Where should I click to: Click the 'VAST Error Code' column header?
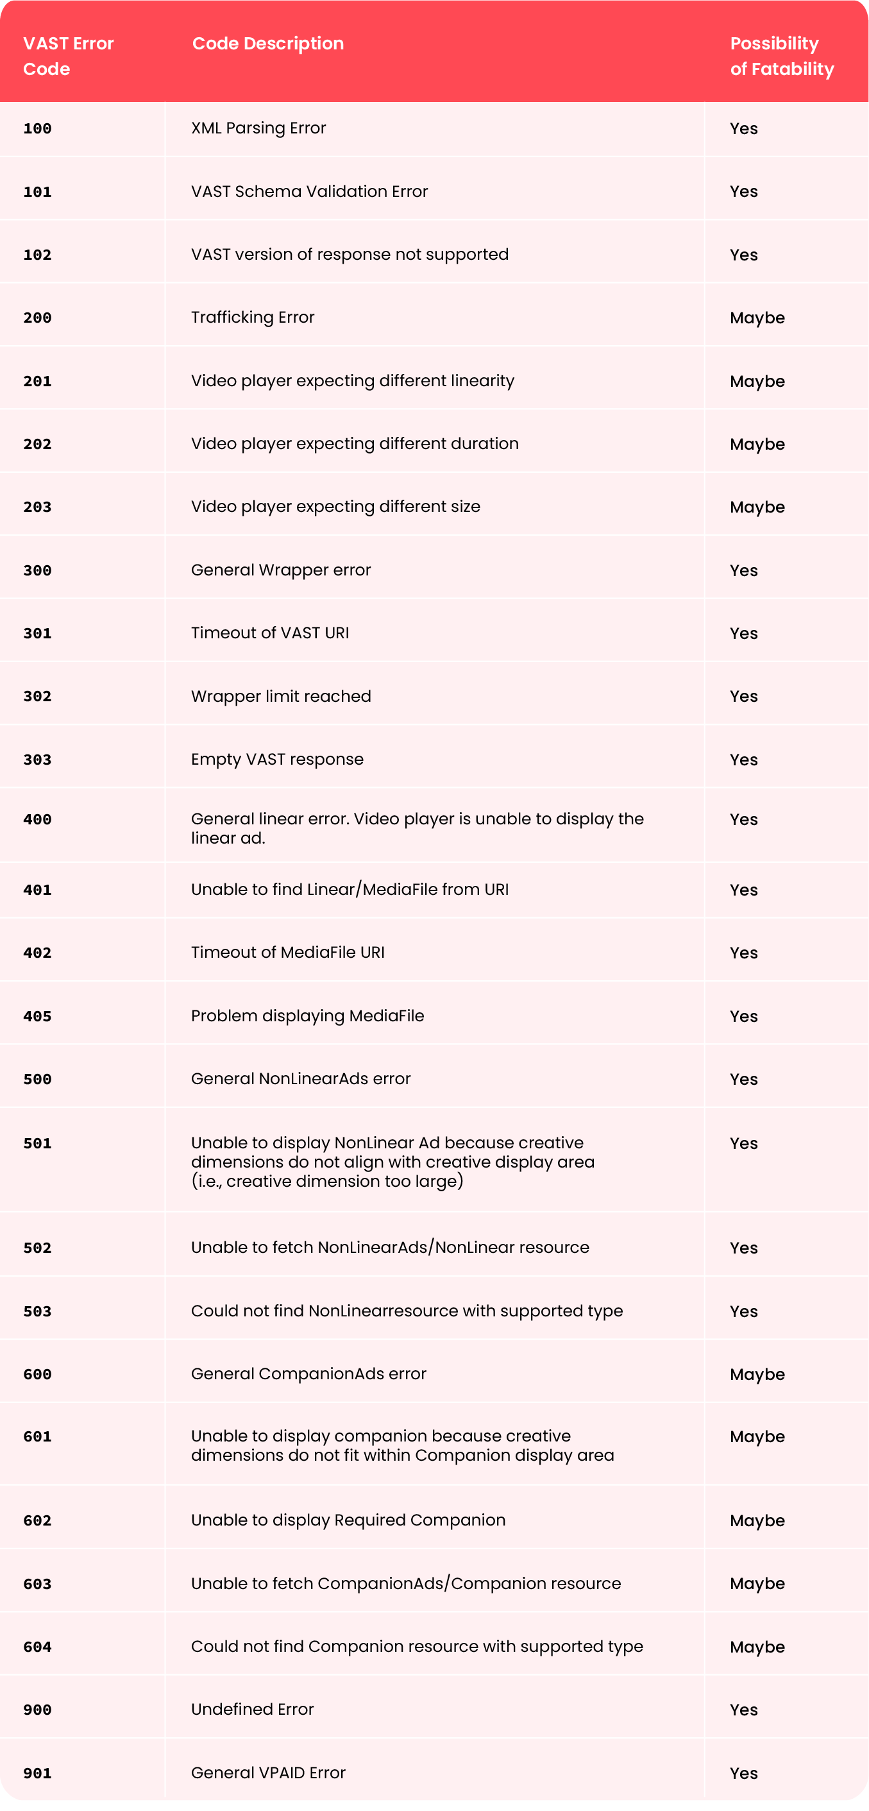click(x=68, y=56)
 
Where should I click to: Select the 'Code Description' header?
click(x=268, y=44)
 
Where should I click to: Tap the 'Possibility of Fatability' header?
click(x=782, y=56)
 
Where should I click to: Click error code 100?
click(x=37, y=129)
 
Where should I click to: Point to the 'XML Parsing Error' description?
click(x=258, y=128)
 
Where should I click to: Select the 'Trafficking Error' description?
click(x=253, y=317)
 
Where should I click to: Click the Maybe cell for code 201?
click(x=757, y=381)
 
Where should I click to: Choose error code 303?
click(x=37, y=760)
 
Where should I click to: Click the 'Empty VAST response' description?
click(x=277, y=760)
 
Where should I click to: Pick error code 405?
click(x=37, y=1016)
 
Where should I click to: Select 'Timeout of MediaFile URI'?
click(x=287, y=952)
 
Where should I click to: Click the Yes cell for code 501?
click(x=743, y=1143)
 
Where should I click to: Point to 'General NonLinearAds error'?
click(x=300, y=1078)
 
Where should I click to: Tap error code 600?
click(x=37, y=1373)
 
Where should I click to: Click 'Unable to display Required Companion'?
click(x=348, y=1520)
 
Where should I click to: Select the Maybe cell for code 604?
click(x=757, y=1647)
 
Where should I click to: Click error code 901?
click(x=37, y=1773)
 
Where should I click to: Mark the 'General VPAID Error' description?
click(x=268, y=1773)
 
